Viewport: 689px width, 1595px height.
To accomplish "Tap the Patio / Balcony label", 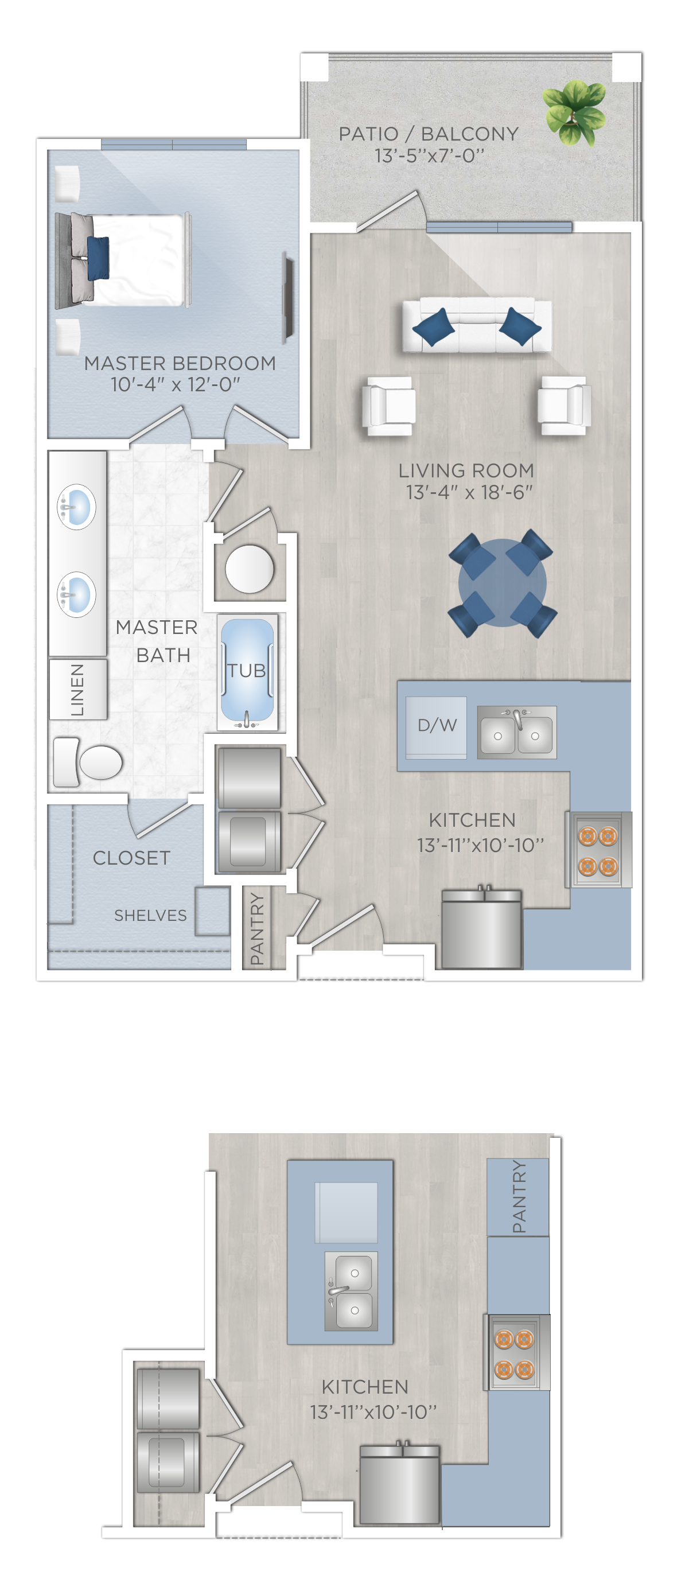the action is (429, 134).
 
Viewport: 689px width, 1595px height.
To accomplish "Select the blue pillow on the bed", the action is (97, 258).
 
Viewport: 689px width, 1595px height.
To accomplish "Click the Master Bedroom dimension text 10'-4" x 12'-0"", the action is (175, 384).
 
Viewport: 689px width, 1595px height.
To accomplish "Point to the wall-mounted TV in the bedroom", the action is (288, 297).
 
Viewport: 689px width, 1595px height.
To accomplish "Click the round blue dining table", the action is (502, 583).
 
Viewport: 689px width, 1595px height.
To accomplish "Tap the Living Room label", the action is (466, 470).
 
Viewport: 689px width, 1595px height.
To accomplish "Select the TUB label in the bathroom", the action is (246, 671).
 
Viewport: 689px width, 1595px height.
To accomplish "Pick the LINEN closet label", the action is (77, 690).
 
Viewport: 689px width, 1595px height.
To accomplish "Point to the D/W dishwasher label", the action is (437, 725).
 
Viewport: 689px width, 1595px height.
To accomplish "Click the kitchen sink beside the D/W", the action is (517, 733).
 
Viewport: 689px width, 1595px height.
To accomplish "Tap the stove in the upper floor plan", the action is (598, 850).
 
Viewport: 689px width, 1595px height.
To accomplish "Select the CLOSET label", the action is (131, 858).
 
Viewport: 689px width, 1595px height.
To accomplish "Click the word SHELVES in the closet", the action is (150, 915).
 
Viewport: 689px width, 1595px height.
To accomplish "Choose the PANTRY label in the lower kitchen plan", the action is (519, 1196).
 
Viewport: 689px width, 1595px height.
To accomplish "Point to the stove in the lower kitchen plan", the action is (517, 1352).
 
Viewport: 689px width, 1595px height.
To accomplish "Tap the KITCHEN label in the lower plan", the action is (365, 1387).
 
